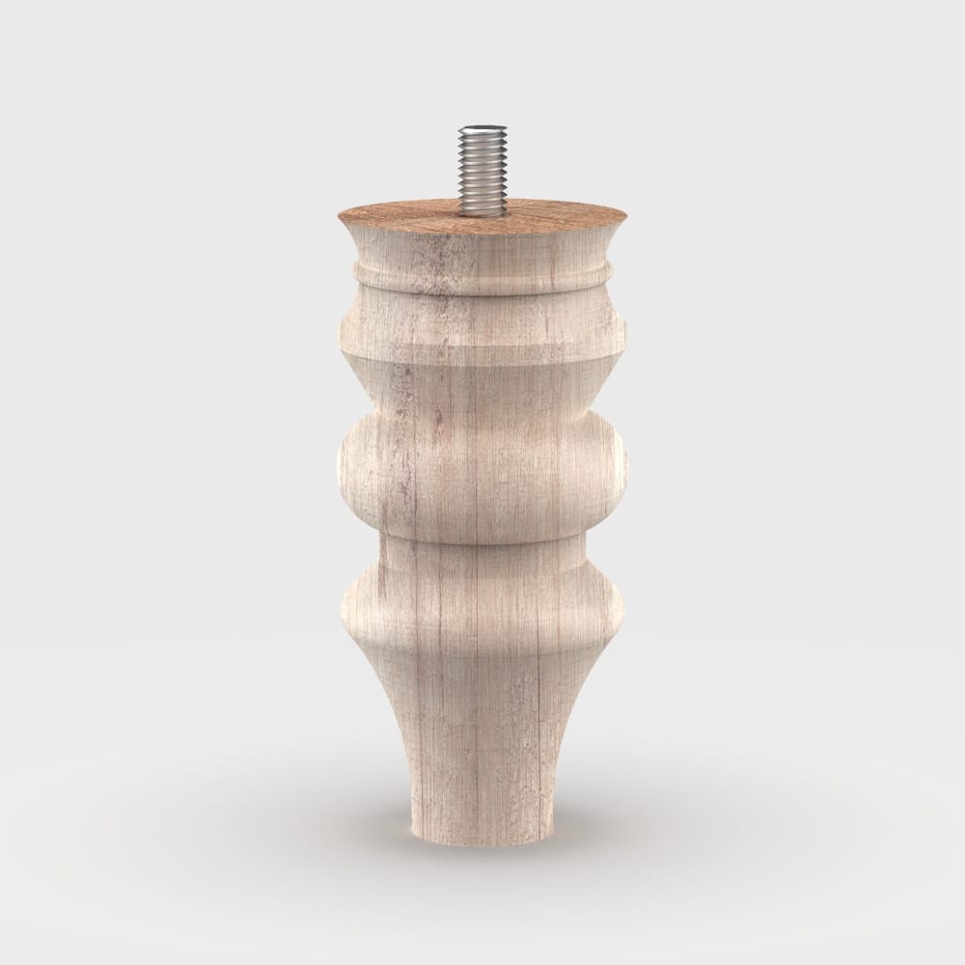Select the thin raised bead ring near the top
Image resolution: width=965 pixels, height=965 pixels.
click(482, 274)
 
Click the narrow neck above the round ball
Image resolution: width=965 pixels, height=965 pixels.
click(482, 396)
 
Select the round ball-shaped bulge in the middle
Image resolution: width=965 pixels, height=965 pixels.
click(482, 468)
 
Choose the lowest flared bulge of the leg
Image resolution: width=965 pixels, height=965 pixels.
click(482, 608)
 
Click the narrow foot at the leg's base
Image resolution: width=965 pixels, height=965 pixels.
click(482, 811)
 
